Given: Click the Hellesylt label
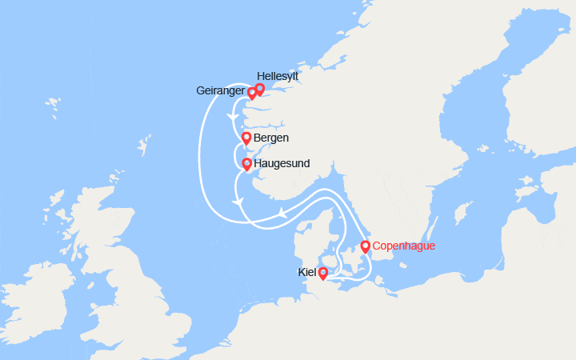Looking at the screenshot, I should click(x=278, y=77).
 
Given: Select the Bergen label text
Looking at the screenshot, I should click(x=270, y=138).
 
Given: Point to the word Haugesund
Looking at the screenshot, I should click(x=282, y=163).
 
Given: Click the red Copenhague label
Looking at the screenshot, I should click(x=404, y=246).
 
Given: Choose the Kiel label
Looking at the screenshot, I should click(x=307, y=273).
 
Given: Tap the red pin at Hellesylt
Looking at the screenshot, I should click(x=259, y=88).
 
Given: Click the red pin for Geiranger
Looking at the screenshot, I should click(x=251, y=92).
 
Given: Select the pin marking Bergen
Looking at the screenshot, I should click(x=246, y=138).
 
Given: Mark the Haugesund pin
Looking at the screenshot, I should click(x=246, y=163).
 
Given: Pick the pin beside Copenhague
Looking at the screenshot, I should click(x=365, y=246).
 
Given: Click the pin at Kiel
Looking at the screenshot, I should click(x=322, y=273).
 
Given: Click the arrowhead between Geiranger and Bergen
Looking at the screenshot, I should click(x=231, y=118).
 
